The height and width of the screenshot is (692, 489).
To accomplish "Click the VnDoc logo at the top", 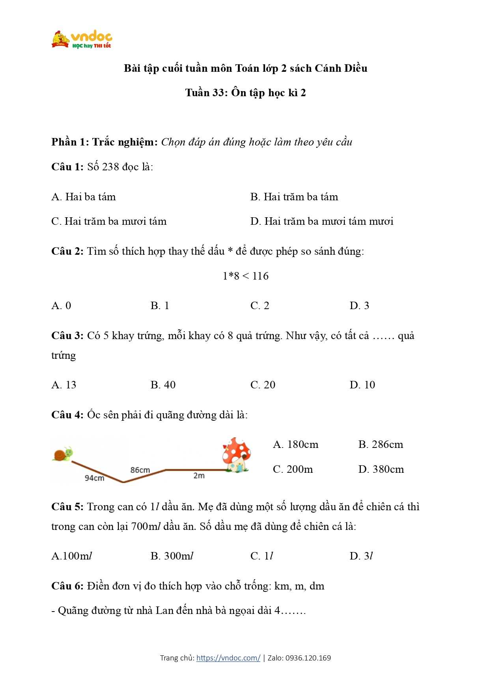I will [82, 39].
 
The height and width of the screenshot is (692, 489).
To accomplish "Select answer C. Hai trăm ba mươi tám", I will [109, 221].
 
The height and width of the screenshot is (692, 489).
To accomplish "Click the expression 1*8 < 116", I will [245, 276].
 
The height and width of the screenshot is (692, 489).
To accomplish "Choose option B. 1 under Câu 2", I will [160, 306].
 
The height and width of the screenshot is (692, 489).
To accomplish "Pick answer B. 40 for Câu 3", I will [163, 385].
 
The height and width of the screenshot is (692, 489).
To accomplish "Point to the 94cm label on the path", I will [95, 478].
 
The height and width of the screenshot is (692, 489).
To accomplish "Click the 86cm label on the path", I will [140, 470].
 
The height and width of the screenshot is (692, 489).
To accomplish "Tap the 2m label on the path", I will [199, 476].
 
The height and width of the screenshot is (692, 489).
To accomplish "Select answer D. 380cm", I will [381, 469].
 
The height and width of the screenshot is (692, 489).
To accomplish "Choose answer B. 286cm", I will [381, 444].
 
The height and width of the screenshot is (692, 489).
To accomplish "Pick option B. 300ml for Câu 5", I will [172, 556].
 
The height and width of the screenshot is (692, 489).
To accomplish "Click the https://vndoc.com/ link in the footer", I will [228, 658].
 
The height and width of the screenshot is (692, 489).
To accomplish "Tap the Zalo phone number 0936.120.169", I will [308, 658].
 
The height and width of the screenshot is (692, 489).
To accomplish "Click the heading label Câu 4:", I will [67, 415].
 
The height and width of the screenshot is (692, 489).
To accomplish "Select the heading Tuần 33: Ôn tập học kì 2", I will [245, 93].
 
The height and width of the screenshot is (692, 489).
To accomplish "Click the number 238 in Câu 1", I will [110, 167].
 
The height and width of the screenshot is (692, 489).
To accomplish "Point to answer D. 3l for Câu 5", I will [361, 556].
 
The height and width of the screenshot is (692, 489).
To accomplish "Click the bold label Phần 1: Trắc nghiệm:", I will [105, 142].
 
